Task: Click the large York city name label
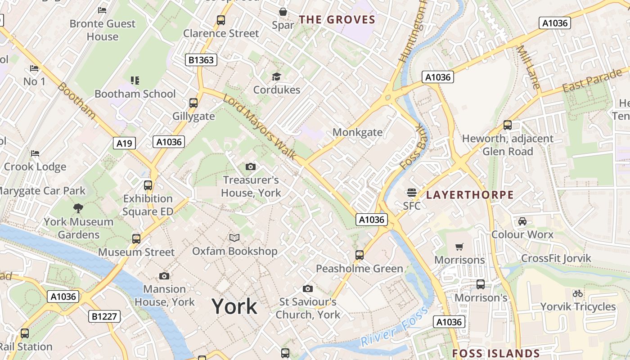point(234,306)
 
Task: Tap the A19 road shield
point(124,143)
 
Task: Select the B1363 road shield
point(201,60)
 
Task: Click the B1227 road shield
point(104,316)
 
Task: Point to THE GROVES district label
point(337,19)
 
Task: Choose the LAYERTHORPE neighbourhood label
point(470,195)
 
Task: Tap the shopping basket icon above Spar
point(283,12)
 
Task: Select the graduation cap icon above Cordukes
point(276,76)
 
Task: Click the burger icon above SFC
point(411,193)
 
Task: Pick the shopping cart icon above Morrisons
point(459,247)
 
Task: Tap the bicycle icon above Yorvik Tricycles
point(578,293)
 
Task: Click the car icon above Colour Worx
point(522,221)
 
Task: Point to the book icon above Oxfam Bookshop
point(234,238)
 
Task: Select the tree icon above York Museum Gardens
point(78,208)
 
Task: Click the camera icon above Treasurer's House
point(251,167)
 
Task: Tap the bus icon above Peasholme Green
point(359,255)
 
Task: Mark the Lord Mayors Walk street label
point(260,127)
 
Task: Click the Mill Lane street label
point(528,67)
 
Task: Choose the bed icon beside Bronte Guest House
point(102,10)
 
